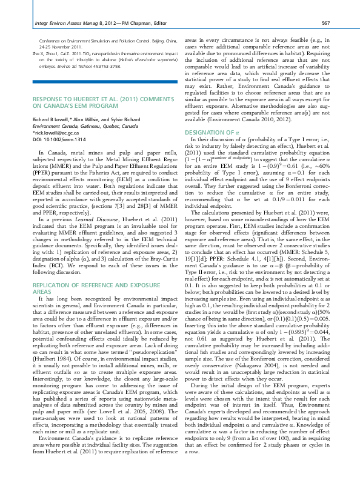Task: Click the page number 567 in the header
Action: (325, 23)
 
